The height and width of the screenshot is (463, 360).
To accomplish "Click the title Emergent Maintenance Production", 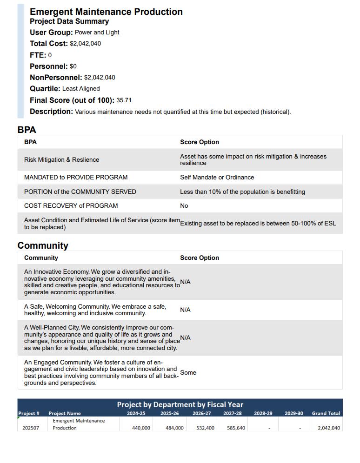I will tap(106, 12).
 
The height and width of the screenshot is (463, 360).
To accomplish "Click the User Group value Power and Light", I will tap(97, 32).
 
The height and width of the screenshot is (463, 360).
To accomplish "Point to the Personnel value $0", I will tap(73, 66).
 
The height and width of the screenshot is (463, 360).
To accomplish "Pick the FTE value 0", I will tap(50, 55).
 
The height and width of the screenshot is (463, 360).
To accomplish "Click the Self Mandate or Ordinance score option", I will tap(217, 177).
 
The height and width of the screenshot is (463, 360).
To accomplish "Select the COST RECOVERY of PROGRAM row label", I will tap(71, 205).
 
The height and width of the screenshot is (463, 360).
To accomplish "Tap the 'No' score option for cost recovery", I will tap(184, 205).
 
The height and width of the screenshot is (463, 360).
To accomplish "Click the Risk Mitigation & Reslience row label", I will tap(61, 159).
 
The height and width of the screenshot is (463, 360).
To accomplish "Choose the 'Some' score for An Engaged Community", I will tap(188, 372).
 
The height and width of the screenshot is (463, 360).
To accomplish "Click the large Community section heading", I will tap(43, 245).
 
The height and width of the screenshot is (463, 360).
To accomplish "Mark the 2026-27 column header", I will tap(201, 413).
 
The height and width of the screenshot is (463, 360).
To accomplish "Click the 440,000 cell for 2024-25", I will tap(141, 428).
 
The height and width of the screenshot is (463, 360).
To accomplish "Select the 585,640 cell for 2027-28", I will tap(236, 428).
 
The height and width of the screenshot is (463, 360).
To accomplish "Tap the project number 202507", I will tap(31, 428).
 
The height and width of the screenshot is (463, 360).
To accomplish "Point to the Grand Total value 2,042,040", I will tap(328, 428).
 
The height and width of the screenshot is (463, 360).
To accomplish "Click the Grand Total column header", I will tap(326, 413).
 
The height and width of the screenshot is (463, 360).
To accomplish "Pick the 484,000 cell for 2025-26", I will tap(174, 428).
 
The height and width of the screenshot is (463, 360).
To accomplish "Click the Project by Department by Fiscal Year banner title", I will tap(180, 404).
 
